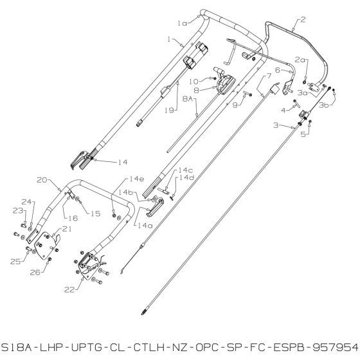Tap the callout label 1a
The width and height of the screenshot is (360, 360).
coord(183,22)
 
